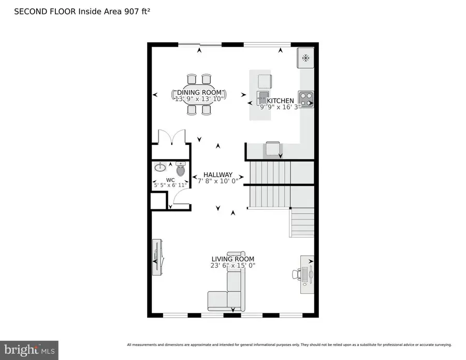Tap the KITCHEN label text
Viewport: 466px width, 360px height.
pos(280,101)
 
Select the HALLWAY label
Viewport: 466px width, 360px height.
pos(217,175)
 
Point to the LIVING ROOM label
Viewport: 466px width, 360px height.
pos(232,259)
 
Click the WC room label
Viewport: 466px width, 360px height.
pos(170,180)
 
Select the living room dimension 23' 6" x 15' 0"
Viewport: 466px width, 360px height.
pos(232,266)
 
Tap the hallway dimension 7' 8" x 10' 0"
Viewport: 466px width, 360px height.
pos(217,181)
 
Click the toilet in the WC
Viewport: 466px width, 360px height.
pos(181,168)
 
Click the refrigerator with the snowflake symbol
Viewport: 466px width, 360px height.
pos(305,58)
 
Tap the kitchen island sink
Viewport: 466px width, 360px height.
pos(263,97)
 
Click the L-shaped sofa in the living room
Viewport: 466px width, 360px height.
pos(228,293)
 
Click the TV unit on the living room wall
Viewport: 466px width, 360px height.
pos(158,256)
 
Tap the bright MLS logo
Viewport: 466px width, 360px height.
pos(29,350)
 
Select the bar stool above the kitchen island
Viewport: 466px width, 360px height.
pos(264,81)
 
